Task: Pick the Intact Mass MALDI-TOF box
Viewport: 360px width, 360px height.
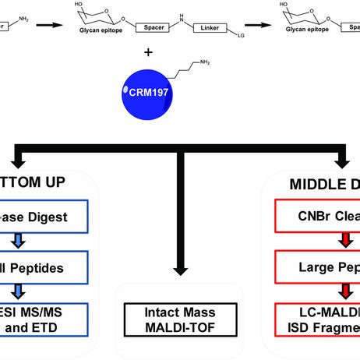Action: pos(181,320)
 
